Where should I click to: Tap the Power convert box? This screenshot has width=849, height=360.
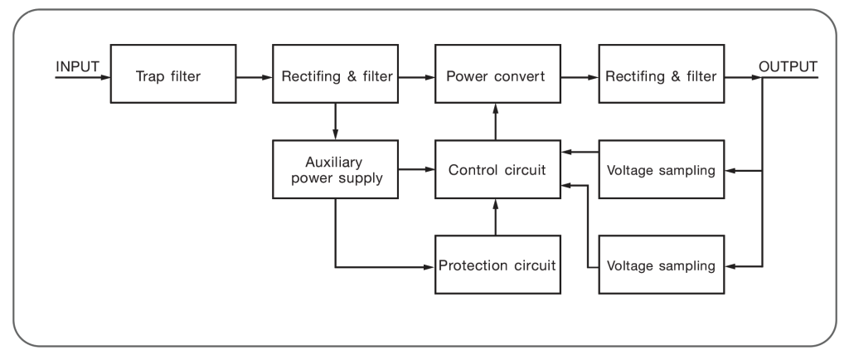click(496, 77)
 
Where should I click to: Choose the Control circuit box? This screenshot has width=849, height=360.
click(496, 171)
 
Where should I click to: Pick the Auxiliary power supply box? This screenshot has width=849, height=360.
click(334, 171)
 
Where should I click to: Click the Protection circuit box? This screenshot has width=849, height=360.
click(496, 266)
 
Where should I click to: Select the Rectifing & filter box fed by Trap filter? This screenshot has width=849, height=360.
click(334, 77)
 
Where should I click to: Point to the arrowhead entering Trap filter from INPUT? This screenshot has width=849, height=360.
click(106, 78)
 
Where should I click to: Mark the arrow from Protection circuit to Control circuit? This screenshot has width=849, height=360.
click(496, 216)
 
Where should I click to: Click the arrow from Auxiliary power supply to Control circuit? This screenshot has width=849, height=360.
click(415, 171)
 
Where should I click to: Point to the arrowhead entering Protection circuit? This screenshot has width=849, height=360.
click(430, 267)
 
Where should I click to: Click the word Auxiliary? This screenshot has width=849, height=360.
click(334, 162)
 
